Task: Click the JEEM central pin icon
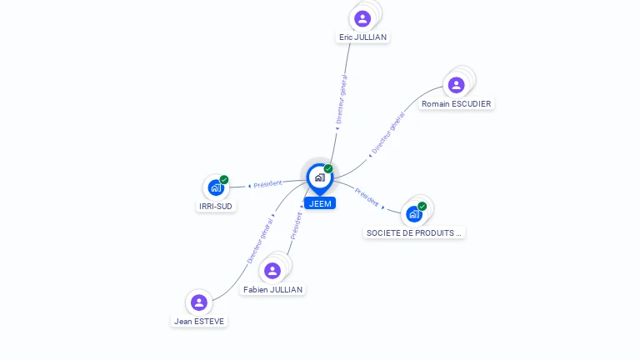[x=320, y=178]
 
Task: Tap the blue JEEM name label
[x=320, y=203]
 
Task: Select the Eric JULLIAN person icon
[x=362, y=19]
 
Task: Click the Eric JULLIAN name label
[x=362, y=37]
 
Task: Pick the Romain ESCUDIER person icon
[x=457, y=85]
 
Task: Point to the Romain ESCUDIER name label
[x=457, y=104]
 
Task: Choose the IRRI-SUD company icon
[x=216, y=187]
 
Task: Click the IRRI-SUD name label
[x=216, y=207]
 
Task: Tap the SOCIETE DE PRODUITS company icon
[x=414, y=214]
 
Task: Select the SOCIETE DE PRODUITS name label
[x=414, y=233]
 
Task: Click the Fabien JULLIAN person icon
[x=272, y=271]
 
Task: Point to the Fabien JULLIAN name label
[x=272, y=290]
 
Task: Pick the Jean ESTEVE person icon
[x=199, y=302]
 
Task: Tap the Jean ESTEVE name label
[x=199, y=322]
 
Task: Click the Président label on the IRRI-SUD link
[x=267, y=184]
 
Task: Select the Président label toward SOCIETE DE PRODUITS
[x=367, y=197]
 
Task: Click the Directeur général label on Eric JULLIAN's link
[x=341, y=99]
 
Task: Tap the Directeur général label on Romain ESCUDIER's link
[x=388, y=133]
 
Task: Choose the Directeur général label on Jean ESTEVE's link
[x=260, y=241]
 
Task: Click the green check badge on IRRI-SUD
[x=224, y=180]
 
